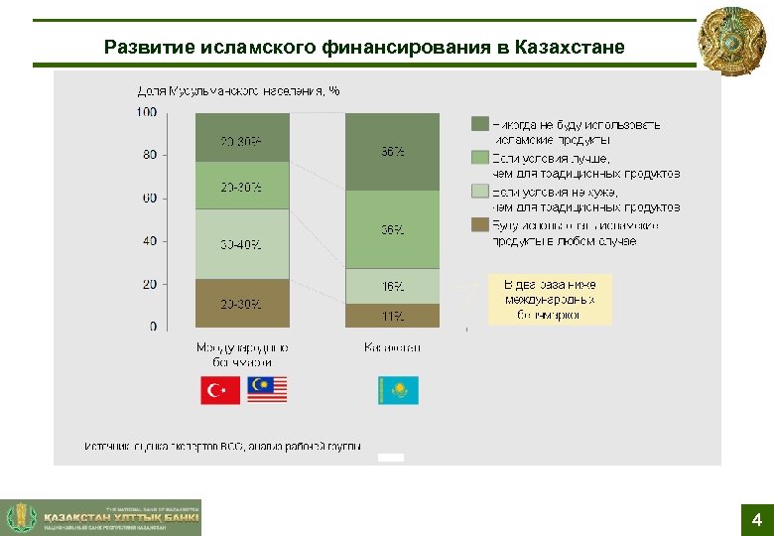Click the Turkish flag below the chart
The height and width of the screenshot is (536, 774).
[220, 390]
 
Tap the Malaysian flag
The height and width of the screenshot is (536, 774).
[267, 390]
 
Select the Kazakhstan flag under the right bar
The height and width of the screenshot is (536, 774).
[398, 390]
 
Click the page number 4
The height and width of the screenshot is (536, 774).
[756, 520]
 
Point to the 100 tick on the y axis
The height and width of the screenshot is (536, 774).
[146, 112]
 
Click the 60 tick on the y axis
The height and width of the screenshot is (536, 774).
[148, 199]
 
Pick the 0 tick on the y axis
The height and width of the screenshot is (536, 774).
[152, 327]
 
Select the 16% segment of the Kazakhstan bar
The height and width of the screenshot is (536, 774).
[392, 286]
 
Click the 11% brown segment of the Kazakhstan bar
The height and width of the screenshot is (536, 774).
[392, 316]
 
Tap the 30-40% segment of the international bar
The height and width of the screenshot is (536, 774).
[242, 244]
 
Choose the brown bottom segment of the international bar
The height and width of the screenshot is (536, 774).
[242, 303]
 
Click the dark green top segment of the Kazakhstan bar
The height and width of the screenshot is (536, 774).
[392, 151]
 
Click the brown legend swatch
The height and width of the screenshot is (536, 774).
[478, 226]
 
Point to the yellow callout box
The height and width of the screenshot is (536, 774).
[550, 299]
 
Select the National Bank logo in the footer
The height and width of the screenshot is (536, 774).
[101, 517]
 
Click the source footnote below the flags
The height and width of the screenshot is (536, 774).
[223, 446]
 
